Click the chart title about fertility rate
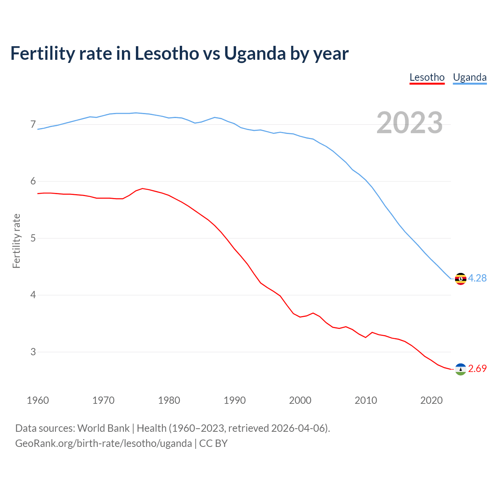click(179, 54)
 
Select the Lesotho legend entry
click(427, 77)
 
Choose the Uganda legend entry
click(469, 77)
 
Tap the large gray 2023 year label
click(409, 123)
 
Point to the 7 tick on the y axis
click(33, 125)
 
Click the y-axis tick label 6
click(33, 181)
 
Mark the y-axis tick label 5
click(33, 238)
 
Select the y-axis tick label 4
click(33, 295)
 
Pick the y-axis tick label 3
click(33, 352)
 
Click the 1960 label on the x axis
click(38, 400)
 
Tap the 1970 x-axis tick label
click(103, 400)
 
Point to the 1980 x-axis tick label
click(169, 400)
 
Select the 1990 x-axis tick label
click(235, 400)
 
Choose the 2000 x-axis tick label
click(300, 400)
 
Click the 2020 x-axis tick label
click(431, 400)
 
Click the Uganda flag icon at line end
click(461, 279)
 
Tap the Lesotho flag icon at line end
click(461, 369)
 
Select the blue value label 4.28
click(477, 278)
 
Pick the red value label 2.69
click(477, 369)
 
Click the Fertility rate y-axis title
click(16, 241)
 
